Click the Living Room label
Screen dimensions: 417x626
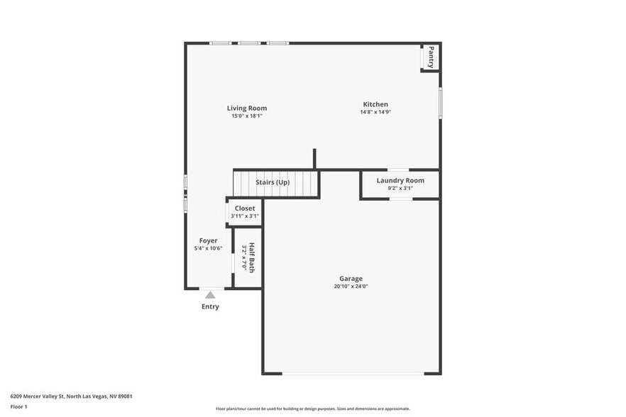click(247, 109)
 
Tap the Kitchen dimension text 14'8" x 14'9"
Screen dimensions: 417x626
click(375, 112)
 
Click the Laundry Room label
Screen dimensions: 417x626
click(400, 181)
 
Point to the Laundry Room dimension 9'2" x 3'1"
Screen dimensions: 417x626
click(400, 189)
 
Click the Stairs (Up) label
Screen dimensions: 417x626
click(273, 182)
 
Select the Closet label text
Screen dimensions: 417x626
click(245, 208)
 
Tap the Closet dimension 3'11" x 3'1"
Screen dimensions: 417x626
click(245, 216)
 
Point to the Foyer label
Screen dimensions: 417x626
click(208, 240)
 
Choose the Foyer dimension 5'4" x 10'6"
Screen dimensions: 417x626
click(208, 248)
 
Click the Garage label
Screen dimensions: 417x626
click(351, 279)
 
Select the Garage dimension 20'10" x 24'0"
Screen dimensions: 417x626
click(351, 287)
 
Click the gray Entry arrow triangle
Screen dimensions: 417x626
click(210, 294)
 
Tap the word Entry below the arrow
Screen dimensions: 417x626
click(210, 307)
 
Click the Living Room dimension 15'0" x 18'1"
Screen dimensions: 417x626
click(247, 116)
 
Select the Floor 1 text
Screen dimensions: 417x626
click(18, 407)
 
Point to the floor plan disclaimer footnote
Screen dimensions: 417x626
click(312, 409)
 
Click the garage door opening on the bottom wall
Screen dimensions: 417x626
click(353, 374)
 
